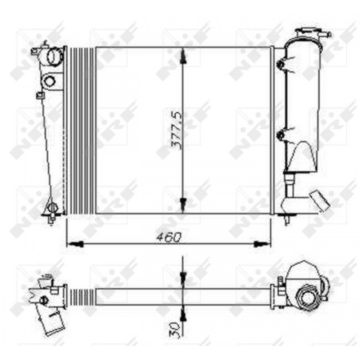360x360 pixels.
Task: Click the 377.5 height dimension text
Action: [x=177, y=131]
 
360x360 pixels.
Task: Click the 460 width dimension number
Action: [x=169, y=237]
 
